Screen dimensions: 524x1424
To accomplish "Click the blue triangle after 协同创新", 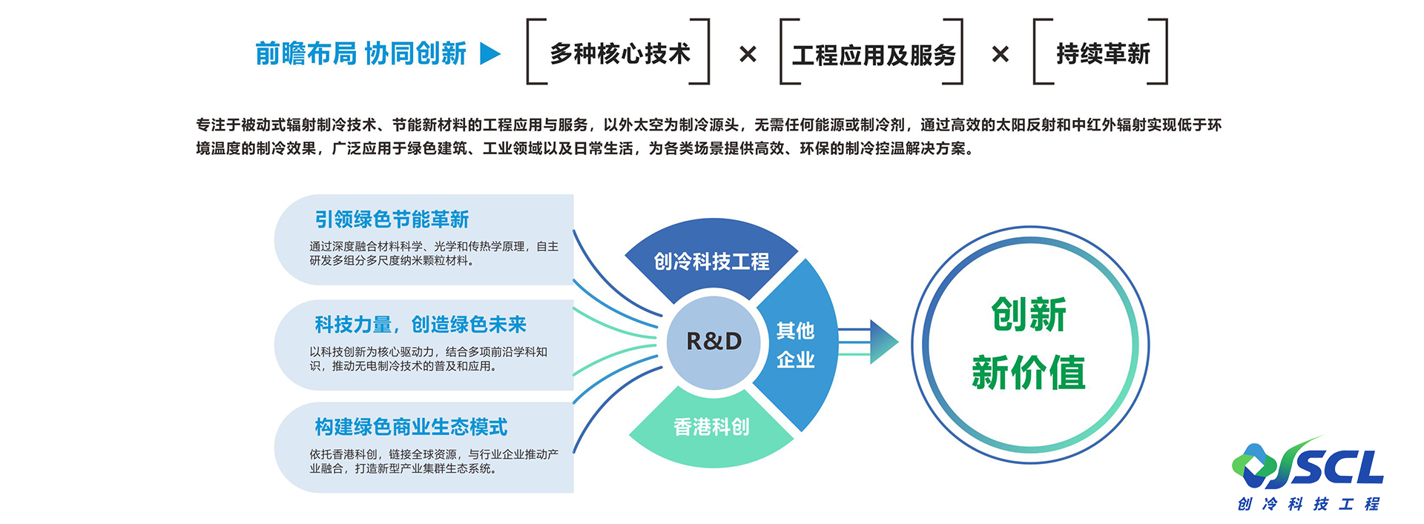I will (490, 53).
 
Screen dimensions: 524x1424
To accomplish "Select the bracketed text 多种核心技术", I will (619, 53).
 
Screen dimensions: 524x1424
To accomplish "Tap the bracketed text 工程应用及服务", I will (873, 55).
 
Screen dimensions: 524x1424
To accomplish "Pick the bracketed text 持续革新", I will (1103, 53).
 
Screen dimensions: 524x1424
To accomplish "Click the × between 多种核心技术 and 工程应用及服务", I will (748, 54).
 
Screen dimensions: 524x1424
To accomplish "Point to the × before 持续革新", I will (1000, 54).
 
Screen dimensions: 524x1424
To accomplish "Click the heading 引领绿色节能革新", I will (392, 219).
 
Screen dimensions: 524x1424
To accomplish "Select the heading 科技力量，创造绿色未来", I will (420, 325).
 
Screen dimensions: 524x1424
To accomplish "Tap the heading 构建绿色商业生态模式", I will (411, 427).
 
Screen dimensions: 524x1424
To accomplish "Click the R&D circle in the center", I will (713, 341).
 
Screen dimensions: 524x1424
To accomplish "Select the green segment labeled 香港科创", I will (711, 427).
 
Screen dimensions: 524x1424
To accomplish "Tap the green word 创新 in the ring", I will (1029, 314).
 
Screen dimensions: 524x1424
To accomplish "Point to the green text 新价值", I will (1029, 372).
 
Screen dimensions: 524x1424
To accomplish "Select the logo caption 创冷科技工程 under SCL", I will (1308, 505).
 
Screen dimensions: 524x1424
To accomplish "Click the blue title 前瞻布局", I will (306, 53).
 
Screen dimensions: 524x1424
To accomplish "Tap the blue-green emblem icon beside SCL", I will (1255, 464).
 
